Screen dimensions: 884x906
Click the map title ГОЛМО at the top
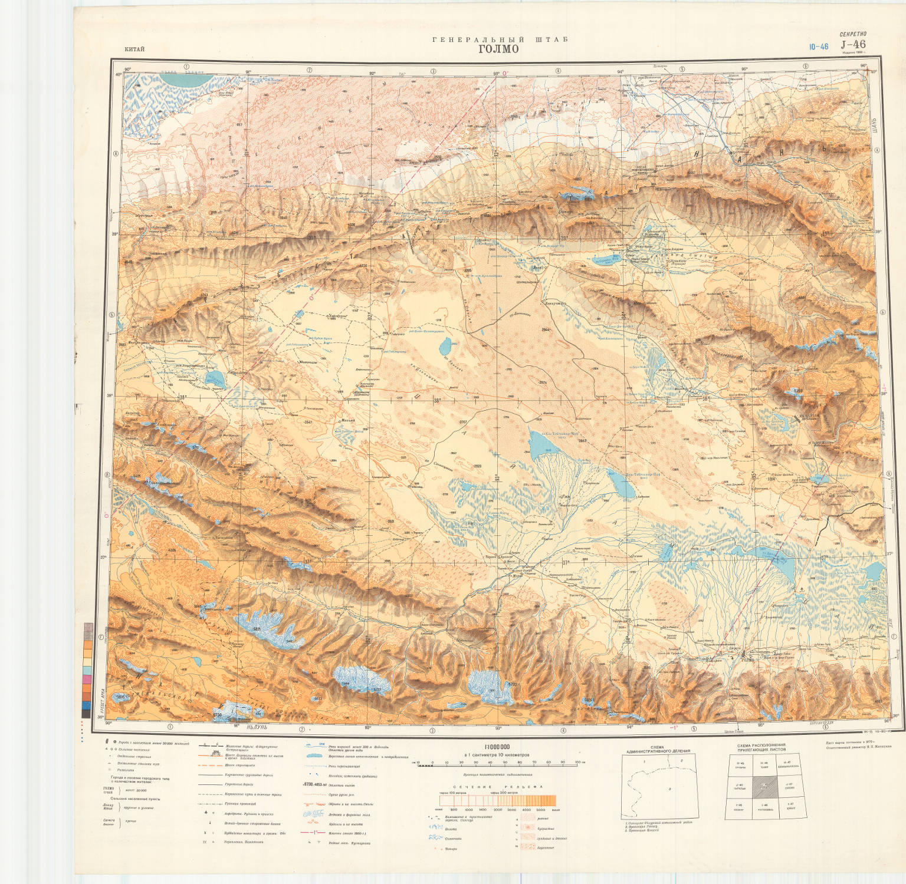pyautogui.click(x=498, y=49)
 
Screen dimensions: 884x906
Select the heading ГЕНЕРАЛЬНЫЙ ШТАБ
pyautogui.click(x=500, y=39)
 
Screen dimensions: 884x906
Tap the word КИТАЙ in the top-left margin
pyautogui.click(x=134, y=49)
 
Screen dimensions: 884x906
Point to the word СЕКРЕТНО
pyautogui.click(x=853, y=35)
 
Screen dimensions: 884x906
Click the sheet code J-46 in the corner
pyautogui.click(x=853, y=44)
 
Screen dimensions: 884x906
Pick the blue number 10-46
pyautogui.click(x=819, y=47)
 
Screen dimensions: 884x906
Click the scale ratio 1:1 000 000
pyautogui.click(x=497, y=747)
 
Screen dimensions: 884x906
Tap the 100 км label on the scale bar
pyautogui.click(x=579, y=762)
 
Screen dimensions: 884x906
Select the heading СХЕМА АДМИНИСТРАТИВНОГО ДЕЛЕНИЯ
pyautogui.click(x=657, y=749)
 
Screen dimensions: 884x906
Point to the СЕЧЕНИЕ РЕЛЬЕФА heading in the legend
pyautogui.click(x=498, y=787)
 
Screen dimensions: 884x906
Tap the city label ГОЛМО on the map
pyautogui.click(x=748, y=659)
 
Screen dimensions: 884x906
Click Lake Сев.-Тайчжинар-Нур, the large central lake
pyautogui.click(x=543, y=445)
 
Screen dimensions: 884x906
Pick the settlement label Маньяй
pyautogui.click(x=348, y=420)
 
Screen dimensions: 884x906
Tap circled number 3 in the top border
pyautogui.click(x=434, y=71)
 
